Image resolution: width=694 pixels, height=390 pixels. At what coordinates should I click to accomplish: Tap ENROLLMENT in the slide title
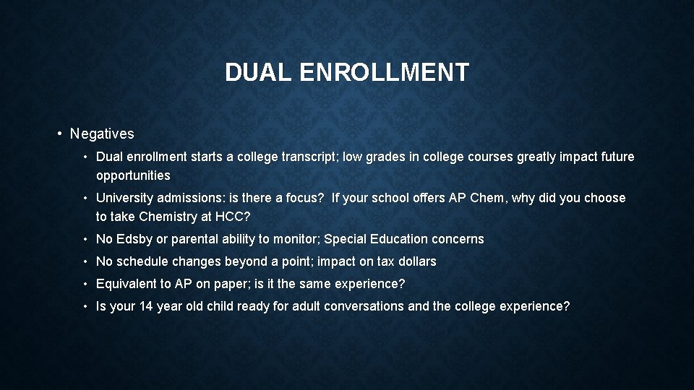click(383, 72)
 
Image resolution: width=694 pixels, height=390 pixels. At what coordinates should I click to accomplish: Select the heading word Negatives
click(102, 134)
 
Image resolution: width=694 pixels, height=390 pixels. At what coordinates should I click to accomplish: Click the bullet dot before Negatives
click(59, 134)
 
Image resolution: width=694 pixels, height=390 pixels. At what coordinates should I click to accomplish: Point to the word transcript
click(309, 157)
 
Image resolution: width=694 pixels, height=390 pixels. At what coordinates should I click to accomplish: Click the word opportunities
click(133, 175)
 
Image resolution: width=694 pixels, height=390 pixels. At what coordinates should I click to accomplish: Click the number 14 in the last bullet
click(146, 306)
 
